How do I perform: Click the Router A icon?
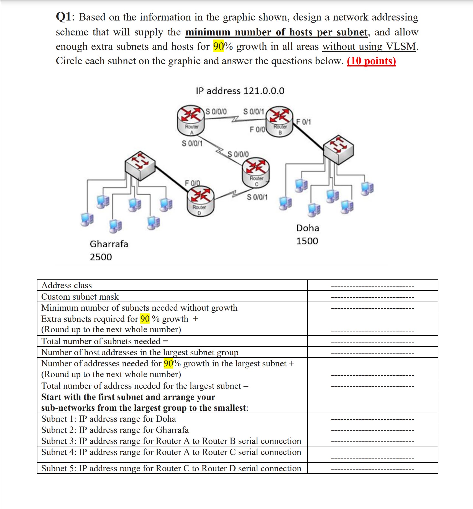(x=191, y=120)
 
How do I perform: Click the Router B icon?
(x=280, y=121)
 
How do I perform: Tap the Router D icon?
(x=200, y=201)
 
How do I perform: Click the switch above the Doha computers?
(x=339, y=150)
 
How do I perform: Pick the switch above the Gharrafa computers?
(x=140, y=166)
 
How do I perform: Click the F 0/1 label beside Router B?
(x=303, y=122)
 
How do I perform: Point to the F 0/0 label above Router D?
(x=192, y=183)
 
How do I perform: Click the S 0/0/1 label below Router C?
(x=257, y=197)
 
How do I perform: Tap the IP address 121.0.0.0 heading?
(x=240, y=91)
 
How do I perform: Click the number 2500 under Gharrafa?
(x=101, y=257)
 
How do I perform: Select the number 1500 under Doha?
(x=307, y=241)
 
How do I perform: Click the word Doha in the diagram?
(x=308, y=228)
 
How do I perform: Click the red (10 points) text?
(x=371, y=61)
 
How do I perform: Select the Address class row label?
(x=67, y=285)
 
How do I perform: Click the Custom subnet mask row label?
(x=80, y=297)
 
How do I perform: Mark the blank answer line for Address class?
(x=372, y=286)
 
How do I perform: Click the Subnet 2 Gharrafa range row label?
(x=115, y=430)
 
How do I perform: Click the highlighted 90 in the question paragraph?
(x=218, y=47)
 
